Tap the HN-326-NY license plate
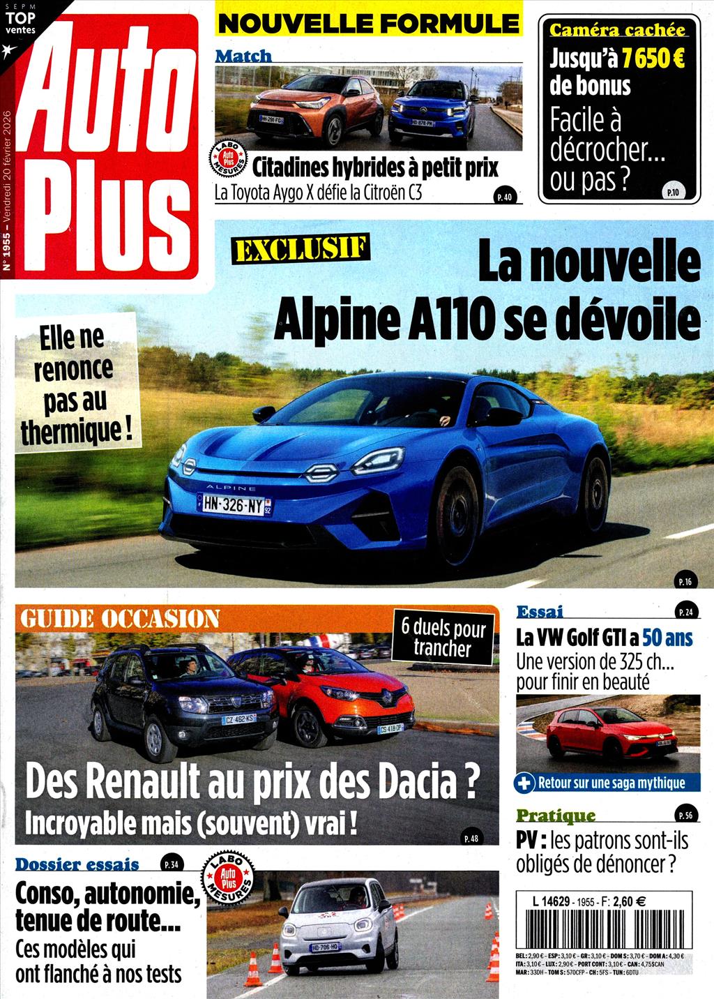click(x=234, y=504)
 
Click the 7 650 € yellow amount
click(x=653, y=58)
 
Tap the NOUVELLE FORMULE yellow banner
click(x=368, y=23)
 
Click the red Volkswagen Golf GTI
click(x=610, y=733)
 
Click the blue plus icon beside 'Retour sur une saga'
click(x=524, y=783)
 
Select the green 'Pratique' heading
click(x=556, y=815)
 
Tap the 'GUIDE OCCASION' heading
click(x=120, y=618)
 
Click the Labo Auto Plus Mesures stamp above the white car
click(x=227, y=877)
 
